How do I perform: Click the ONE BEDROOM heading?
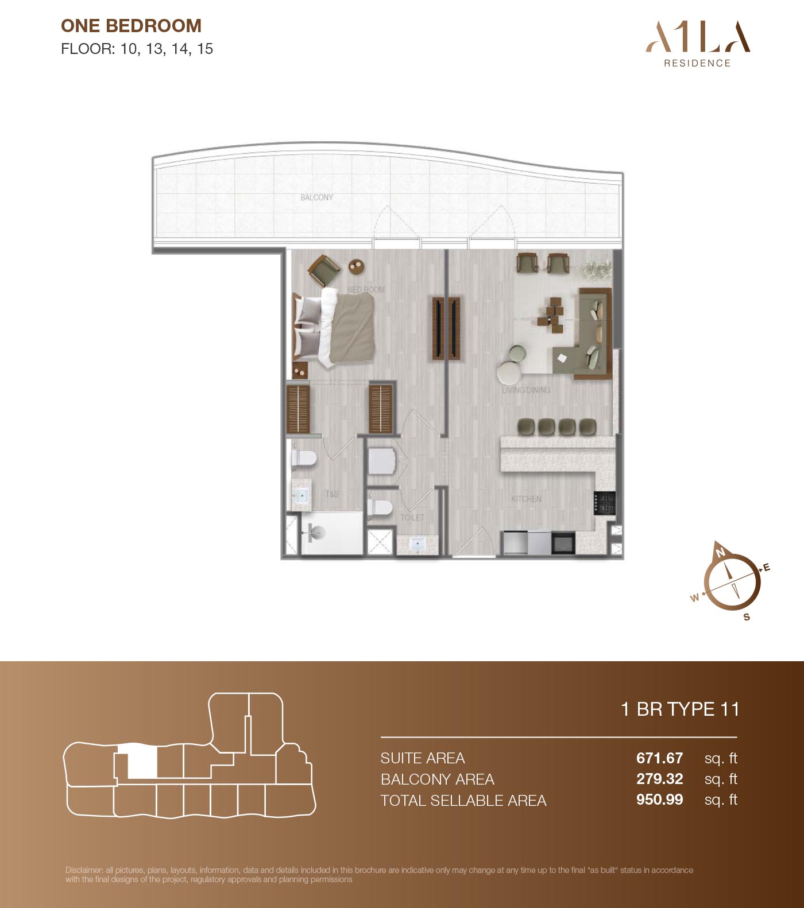[x=131, y=26]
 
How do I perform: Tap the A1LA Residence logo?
[x=698, y=45]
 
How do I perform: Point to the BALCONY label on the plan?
[x=316, y=197]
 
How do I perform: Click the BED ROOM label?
[x=366, y=289]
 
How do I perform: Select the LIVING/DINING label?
[x=526, y=390]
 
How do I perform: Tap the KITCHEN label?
[x=526, y=499]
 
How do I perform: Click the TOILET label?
[x=412, y=517]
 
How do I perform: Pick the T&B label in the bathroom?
[x=331, y=494]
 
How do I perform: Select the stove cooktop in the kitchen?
[x=605, y=503]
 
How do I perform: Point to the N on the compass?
[x=720, y=553]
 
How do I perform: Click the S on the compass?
[x=747, y=617]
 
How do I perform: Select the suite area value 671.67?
[x=659, y=758]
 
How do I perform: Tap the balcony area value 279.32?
[x=659, y=779]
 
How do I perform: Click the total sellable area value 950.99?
[x=659, y=800]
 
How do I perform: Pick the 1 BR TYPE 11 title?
[x=680, y=709]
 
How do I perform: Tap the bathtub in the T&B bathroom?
[x=332, y=534]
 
